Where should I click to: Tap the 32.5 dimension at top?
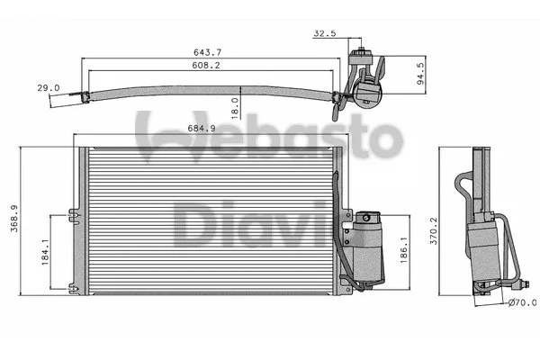pyautogui.click(x=325, y=33)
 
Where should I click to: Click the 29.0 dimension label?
pyautogui.click(x=48, y=87)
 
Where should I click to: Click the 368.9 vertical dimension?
pyautogui.click(x=13, y=219)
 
